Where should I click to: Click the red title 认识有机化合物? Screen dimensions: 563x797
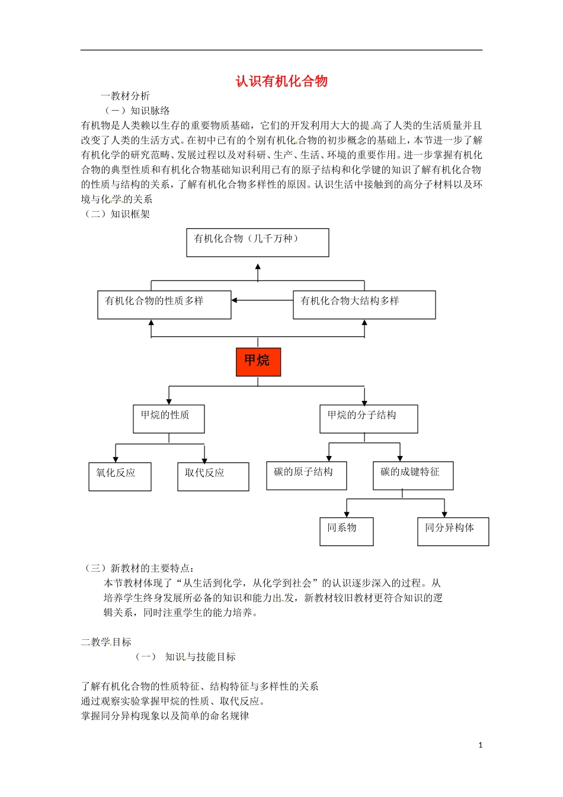click(x=281, y=81)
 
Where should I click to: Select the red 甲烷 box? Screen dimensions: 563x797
click(x=258, y=361)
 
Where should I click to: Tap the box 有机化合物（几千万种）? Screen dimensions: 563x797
click(x=257, y=243)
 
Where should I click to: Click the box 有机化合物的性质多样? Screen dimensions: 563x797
click(x=164, y=305)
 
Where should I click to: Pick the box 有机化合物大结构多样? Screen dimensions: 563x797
click(x=364, y=305)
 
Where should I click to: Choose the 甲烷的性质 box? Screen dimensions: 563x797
click(x=168, y=419)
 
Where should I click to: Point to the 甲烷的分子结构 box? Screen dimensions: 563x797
click(x=368, y=419)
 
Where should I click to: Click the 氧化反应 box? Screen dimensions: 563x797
click(x=120, y=476)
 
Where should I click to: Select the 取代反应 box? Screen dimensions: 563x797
click(x=213, y=476)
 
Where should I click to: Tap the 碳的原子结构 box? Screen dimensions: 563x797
click(x=306, y=476)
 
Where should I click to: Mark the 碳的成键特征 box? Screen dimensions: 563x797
click(x=412, y=476)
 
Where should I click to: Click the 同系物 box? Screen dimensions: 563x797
click(x=346, y=531)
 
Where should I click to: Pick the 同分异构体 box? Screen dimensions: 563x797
click(x=453, y=531)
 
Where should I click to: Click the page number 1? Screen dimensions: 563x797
click(x=480, y=745)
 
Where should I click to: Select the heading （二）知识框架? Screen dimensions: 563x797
click(x=117, y=214)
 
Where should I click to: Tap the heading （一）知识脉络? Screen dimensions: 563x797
click(x=137, y=111)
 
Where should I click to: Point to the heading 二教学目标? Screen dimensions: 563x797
click(x=106, y=642)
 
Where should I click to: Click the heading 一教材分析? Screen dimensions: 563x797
click(x=125, y=96)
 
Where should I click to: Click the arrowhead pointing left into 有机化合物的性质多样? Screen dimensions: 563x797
click(x=235, y=301)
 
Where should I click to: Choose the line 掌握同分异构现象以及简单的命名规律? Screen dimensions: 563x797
click(x=165, y=716)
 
